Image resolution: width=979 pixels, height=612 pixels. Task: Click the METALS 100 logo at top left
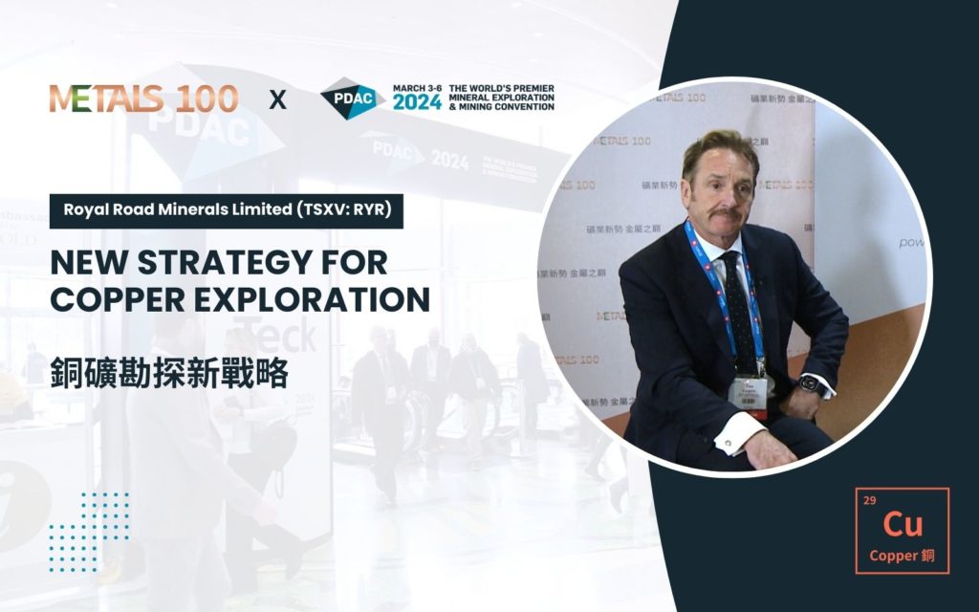(143, 98)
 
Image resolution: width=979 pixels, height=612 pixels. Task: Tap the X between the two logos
(277, 98)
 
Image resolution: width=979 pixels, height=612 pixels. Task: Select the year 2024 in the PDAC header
(417, 103)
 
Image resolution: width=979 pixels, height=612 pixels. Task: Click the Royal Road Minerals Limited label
(226, 209)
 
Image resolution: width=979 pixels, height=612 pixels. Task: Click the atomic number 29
(869, 500)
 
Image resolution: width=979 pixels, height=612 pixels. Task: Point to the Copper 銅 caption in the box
(903, 556)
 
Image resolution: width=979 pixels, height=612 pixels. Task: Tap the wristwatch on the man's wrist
(809, 383)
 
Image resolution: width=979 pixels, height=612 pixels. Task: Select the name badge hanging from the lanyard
(750, 391)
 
